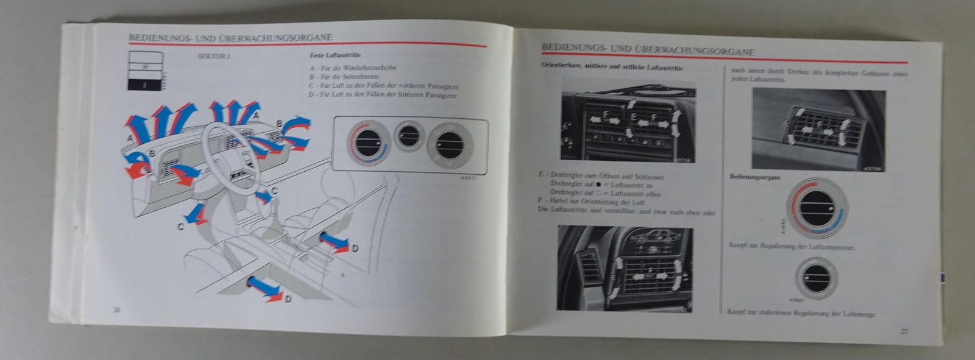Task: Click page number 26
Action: (x=117, y=309)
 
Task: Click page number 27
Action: (x=904, y=331)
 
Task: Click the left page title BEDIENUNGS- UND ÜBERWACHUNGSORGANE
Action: (x=230, y=38)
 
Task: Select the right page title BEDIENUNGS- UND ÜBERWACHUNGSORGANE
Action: (x=648, y=49)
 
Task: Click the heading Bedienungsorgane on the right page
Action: (x=756, y=177)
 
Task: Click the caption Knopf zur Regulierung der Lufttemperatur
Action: (x=792, y=247)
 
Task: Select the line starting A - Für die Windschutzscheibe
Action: (x=353, y=68)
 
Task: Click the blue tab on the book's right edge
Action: (x=941, y=277)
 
